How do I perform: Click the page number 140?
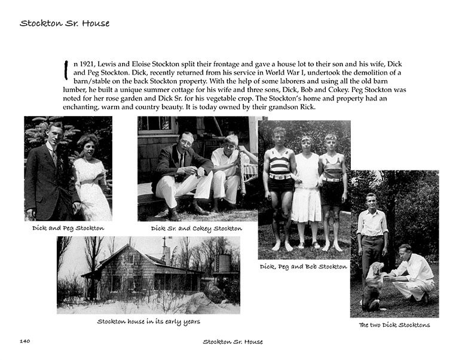[25, 341]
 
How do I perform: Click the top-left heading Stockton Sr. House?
[65, 24]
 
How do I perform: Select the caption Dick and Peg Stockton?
[68, 228]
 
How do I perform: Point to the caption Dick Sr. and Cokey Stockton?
[196, 228]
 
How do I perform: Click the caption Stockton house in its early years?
[148, 321]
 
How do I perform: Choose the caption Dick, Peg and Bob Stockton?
[303, 266]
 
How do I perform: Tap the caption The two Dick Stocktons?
[394, 325]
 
